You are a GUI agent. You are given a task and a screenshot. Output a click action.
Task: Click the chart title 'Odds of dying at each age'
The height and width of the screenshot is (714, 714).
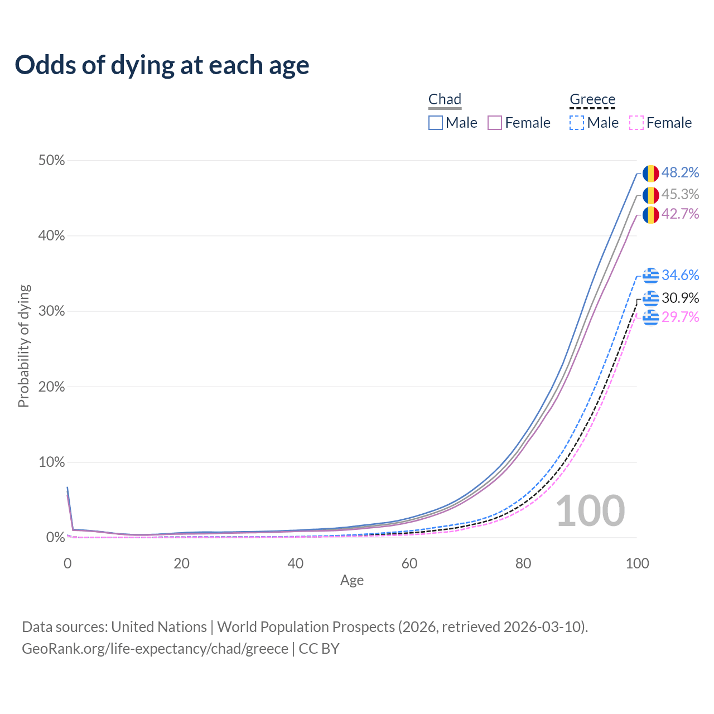162,65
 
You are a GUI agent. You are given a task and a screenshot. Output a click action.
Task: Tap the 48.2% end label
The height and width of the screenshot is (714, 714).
680,173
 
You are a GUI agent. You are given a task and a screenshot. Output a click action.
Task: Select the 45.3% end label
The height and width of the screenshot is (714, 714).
680,194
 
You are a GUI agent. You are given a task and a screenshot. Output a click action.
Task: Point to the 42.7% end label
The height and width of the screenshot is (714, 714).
680,214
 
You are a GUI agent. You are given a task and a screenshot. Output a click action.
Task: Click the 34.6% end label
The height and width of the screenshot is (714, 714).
680,275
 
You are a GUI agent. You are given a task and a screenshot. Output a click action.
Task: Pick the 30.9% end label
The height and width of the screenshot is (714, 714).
680,298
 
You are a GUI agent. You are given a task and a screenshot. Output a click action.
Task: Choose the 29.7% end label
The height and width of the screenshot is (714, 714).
680,317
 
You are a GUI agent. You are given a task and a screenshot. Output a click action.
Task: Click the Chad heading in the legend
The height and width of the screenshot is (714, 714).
445,99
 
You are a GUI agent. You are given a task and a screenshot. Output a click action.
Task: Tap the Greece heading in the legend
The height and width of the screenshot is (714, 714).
592,99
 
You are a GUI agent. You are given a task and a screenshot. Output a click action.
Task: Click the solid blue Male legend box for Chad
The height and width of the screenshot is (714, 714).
436,123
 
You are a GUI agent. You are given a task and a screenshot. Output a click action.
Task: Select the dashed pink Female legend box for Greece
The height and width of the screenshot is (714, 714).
636,123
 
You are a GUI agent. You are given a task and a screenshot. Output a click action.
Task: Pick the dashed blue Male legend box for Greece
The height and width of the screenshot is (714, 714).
577,123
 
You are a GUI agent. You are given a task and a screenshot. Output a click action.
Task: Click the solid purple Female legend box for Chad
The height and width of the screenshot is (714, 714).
495,123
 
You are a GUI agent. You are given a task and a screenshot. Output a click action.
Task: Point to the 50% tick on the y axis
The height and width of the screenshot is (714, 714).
52,161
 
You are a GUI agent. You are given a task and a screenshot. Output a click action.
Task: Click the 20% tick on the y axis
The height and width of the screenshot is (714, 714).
52,387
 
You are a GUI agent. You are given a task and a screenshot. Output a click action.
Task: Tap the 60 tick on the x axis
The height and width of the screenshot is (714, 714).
409,563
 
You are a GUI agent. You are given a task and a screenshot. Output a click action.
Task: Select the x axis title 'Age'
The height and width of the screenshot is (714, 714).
352,581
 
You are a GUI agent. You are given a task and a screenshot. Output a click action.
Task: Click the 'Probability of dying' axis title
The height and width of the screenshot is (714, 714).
23,346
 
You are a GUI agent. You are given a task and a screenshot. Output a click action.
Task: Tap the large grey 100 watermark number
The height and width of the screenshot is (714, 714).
590,511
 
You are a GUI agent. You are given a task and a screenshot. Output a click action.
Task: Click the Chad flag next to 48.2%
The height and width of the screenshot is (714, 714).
650,173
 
